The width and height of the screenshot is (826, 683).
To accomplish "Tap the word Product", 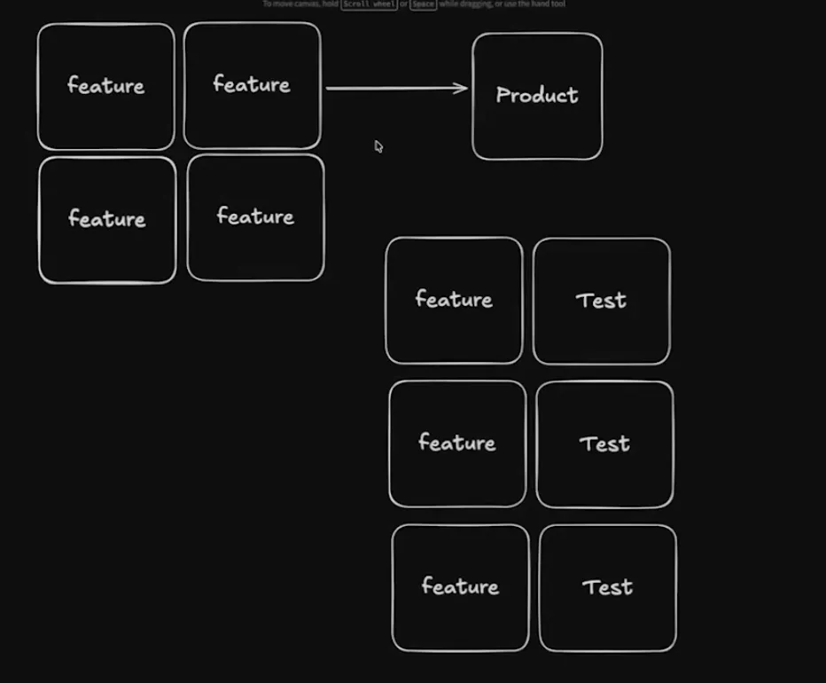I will [x=537, y=95].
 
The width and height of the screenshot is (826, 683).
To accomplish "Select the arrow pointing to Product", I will [x=394, y=88].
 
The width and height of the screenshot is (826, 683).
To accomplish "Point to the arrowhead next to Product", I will [x=463, y=88].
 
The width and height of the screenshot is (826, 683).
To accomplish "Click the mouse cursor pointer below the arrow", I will [x=378, y=146].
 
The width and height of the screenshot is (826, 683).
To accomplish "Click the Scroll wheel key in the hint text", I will [x=370, y=4].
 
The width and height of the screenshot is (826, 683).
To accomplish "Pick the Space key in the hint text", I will [x=424, y=4].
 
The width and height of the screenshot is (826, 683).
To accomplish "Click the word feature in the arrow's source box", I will [x=252, y=84].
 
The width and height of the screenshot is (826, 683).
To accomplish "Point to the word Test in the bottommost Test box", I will [x=607, y=586].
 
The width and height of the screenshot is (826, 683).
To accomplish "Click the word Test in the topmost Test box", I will [x=602, y=300].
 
